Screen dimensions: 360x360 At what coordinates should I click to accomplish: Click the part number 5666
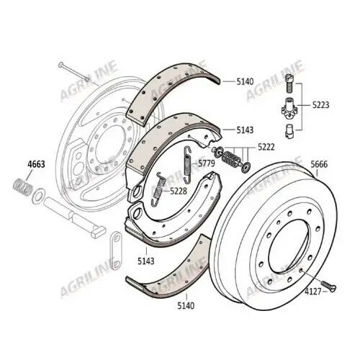319,165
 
